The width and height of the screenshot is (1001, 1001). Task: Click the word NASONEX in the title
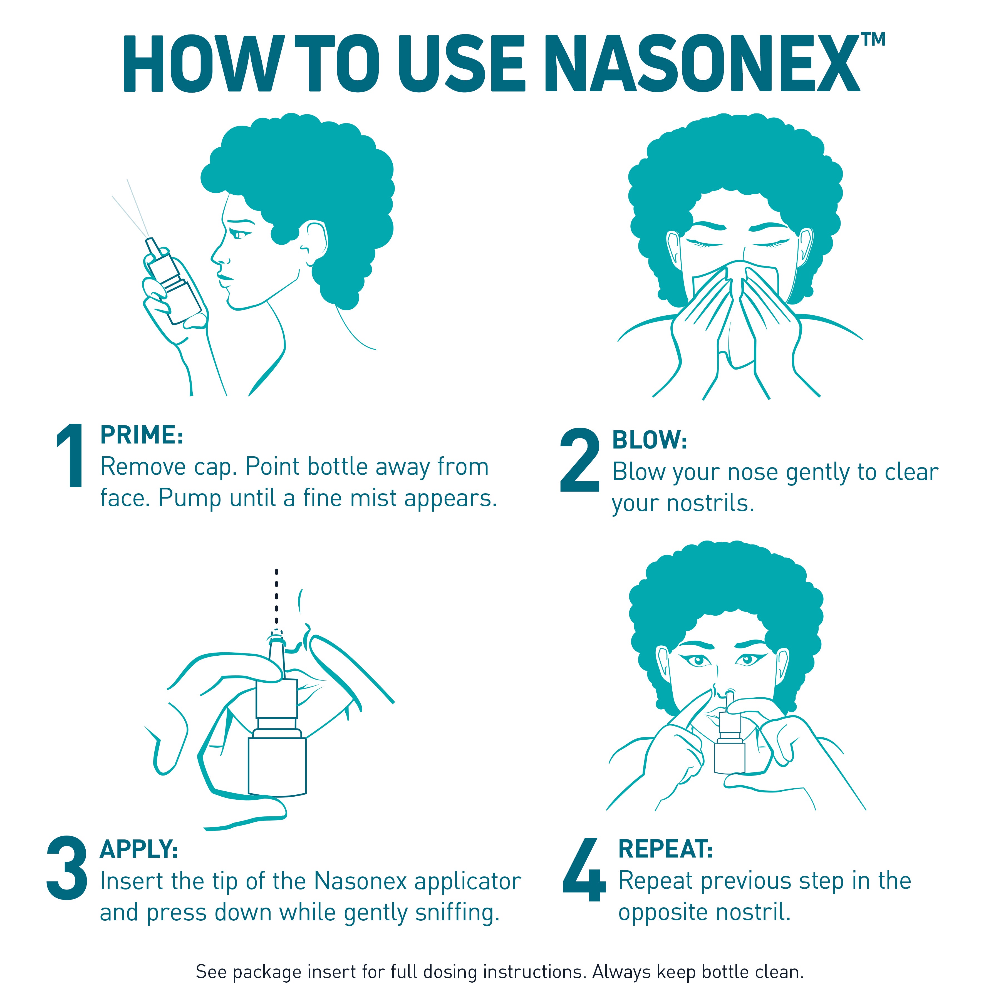702,65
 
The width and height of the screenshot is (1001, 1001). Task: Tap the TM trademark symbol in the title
873,39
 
